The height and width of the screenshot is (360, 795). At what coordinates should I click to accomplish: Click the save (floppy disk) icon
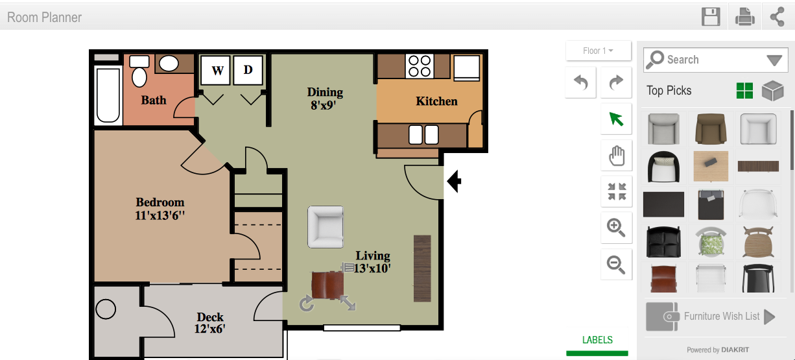coord(711,17)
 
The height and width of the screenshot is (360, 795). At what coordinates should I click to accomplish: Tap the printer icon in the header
coord(744,17)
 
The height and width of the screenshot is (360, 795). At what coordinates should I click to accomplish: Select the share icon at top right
coord(777,17)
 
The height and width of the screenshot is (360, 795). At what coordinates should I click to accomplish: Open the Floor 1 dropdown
coord(599,51)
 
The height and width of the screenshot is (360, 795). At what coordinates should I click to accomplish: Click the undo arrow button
coord(581,82)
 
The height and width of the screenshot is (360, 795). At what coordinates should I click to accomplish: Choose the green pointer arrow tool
coord(617,119)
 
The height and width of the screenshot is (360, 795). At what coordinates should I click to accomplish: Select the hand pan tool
coord(617,156)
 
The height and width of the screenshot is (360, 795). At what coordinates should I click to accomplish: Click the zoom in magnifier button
coord(617,228)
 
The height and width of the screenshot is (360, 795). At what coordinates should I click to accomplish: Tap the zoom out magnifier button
coord(617,265)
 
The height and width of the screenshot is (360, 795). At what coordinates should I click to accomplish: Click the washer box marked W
coord(215,69)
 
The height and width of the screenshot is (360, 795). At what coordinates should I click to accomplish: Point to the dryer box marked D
coord(248,69)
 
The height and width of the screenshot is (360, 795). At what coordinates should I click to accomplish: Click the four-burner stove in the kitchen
coord(419,66)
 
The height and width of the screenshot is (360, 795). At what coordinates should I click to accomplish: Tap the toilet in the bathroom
coord(139,72)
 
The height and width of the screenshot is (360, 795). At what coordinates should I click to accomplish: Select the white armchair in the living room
coord(326,227)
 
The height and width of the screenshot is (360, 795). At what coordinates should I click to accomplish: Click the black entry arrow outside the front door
coord(454,181)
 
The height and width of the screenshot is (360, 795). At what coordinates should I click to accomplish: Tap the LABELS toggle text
coord(597,340)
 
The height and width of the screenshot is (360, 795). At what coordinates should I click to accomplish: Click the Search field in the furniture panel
coord(715,60)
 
